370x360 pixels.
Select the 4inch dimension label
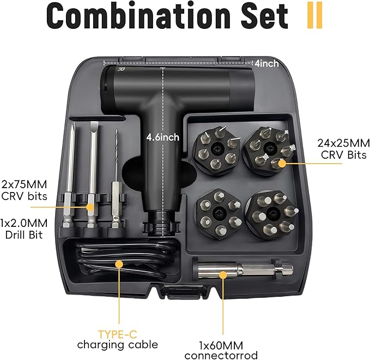point(266,64)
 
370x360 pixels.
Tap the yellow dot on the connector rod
point(222,273)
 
